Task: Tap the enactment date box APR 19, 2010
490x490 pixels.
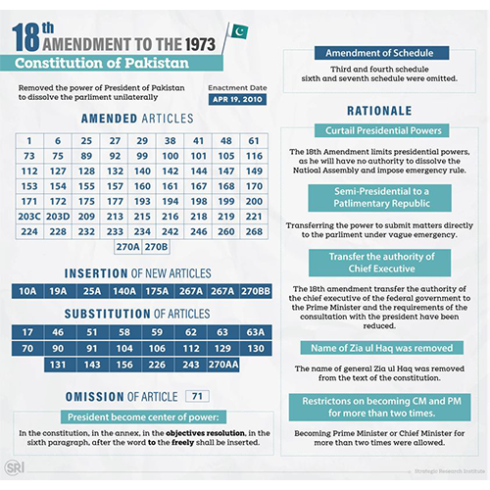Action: [x=237, y=99]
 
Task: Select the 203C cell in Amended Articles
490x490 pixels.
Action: [x=29, y=216]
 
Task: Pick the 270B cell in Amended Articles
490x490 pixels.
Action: [x=157, y=247]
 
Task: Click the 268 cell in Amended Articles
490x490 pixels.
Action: [x=255, y=231]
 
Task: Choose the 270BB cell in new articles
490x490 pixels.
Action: [x=255, y=291]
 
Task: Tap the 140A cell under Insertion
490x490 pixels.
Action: [x=125, y=291]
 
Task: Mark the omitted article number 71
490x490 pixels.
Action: [x=198, y=396]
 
